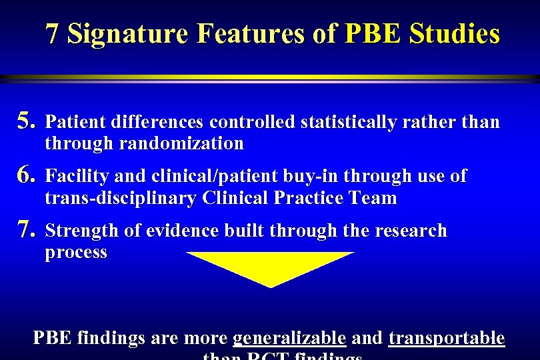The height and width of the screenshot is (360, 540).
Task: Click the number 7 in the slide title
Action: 54,33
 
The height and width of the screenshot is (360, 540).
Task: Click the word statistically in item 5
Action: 346,122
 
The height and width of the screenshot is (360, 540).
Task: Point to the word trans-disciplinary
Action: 121,198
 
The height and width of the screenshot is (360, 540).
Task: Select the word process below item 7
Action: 76,253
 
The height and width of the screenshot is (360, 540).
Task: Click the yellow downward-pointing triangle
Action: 270,267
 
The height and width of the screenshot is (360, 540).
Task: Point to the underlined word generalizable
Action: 289,339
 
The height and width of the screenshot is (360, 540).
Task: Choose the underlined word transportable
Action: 446,339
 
